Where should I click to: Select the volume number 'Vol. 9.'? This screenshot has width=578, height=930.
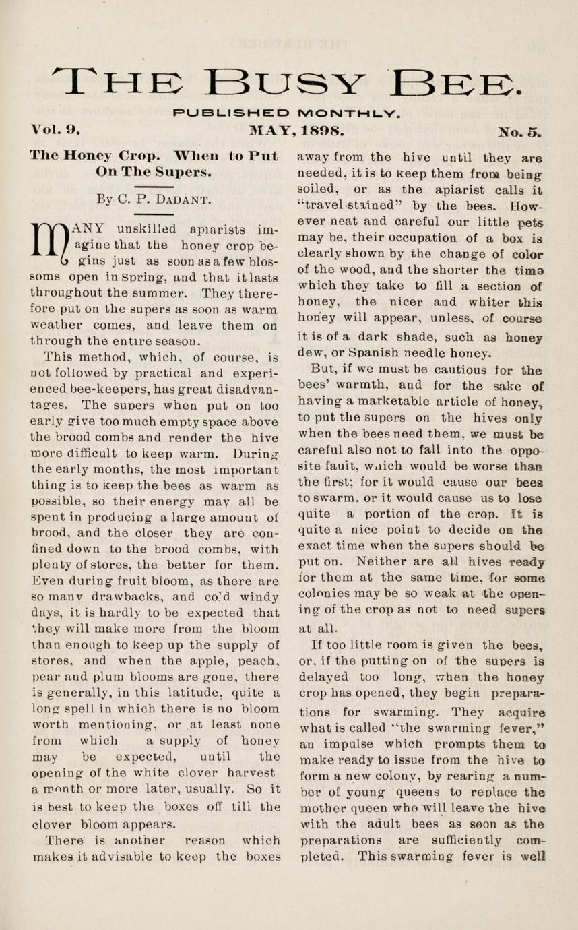pos(55,128)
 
